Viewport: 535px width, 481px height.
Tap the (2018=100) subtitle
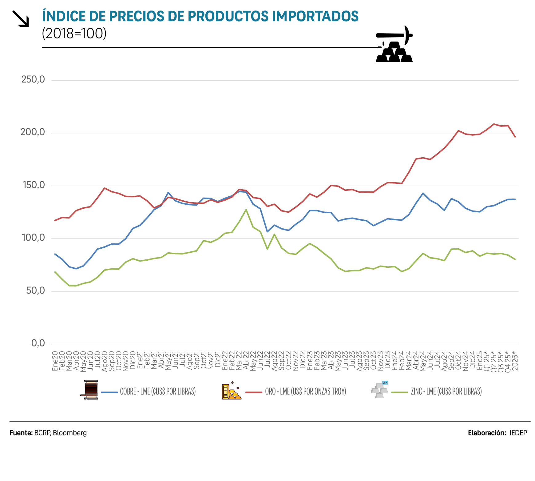(x=74, y=34)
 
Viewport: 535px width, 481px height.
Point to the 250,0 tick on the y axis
(x=33, y=79)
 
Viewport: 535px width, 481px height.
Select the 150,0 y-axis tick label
(x=34, y=185)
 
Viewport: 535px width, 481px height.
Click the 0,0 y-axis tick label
(x=38, y=343)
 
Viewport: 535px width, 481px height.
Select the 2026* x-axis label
(x=515, y=363)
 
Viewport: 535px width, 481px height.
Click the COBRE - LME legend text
(x=158, y=391)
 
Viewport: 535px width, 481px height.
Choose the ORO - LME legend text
(x=305, y=391)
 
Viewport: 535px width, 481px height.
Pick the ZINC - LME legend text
(x=446, y=391)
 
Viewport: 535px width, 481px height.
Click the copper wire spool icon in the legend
(x=90, y=390)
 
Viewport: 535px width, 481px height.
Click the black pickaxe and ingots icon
(x=394, y=45)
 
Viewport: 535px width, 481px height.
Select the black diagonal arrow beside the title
(x=21, y=18)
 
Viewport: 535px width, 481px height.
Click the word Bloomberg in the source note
(x=70, y=433)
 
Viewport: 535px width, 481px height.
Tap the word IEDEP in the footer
(x=518, y=433)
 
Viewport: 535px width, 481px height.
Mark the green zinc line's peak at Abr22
(x=246, y=210)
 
